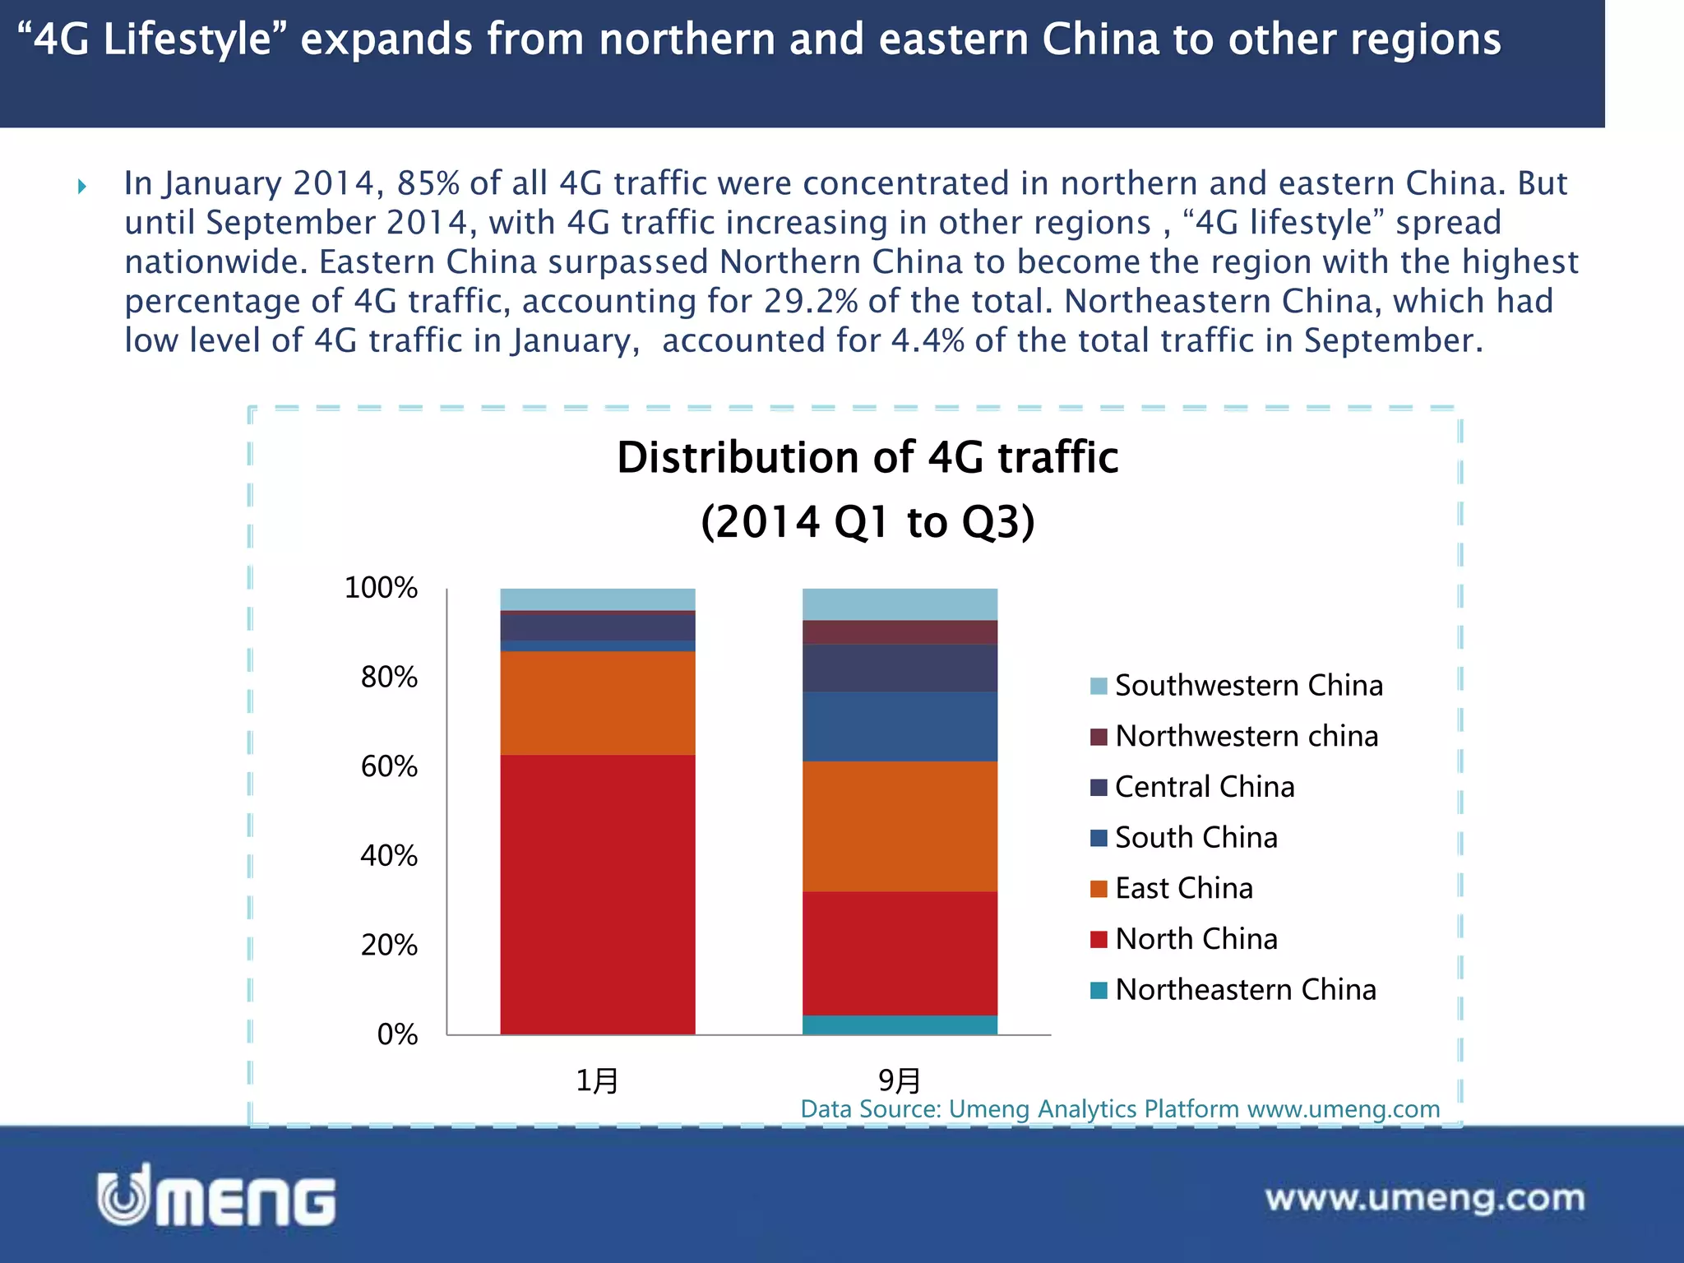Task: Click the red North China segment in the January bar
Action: point(598,894)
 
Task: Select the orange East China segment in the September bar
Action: point(900,826)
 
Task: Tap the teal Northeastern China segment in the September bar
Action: point(900,1025)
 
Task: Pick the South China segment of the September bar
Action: point(900,726)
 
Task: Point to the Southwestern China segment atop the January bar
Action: point(598,599)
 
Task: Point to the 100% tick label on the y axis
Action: point(381,588)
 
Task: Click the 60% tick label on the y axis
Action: point(389,767)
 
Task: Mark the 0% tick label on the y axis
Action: point(397,1034)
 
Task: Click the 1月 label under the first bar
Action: point(597,1080)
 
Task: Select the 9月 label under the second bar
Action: point(900,1080)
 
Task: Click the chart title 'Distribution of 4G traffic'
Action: point(867,458)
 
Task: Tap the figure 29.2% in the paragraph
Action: point(811,301)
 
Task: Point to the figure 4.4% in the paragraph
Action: point(928,340)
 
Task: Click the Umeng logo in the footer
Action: point(216,1196)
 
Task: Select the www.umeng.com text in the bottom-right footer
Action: point(1424,1198)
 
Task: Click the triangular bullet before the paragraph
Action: point(82,187)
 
